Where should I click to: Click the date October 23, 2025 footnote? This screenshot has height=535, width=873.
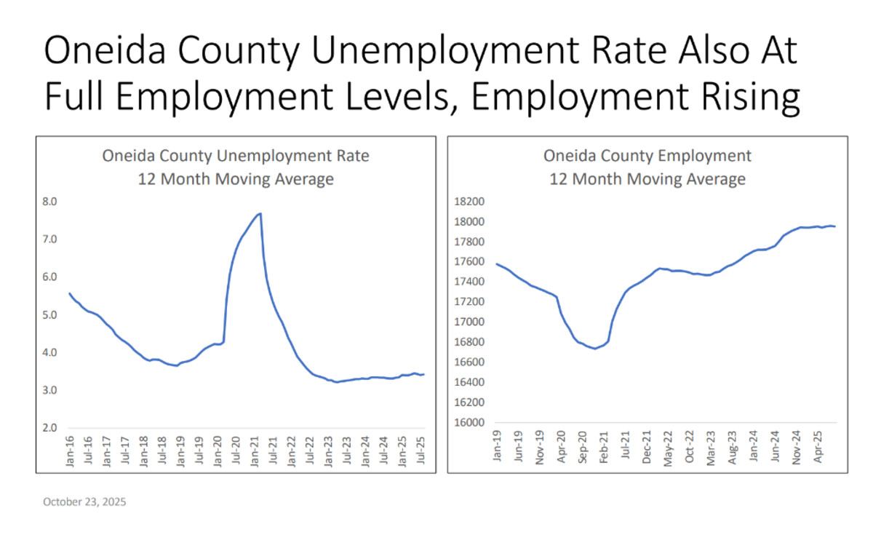click(x=84, y=502)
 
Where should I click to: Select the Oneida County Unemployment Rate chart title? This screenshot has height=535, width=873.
click(x=235, y=156)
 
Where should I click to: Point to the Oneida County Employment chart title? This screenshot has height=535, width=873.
click(x=647, y=156)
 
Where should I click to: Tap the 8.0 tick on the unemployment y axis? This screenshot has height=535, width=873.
click(x=51, y=202)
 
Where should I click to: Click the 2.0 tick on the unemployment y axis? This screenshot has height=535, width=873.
click(x=51, y=428)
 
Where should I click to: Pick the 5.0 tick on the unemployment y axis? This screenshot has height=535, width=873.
click(x=51, y=314)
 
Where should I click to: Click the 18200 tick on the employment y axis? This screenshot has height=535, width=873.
click(x=469, y=202)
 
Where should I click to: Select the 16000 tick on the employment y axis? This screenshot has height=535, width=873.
click(x=469, y=422)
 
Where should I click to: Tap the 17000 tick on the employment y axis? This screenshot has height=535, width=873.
click(x=469, y=322)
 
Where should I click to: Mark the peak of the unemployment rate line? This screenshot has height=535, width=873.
click(x=260, y=213)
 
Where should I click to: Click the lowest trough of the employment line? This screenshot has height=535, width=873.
click(x=594, y=349)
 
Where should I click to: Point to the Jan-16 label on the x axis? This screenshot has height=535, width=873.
click(x=71, y=451)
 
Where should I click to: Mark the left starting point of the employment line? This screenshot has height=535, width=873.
click(x=496, y=263)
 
